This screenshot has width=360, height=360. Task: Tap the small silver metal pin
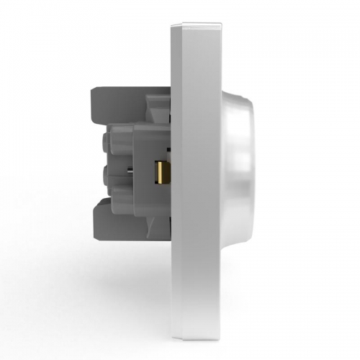(127, 171)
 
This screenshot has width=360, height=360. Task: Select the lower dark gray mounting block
(119, 220)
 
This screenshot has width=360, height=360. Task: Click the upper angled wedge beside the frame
(160, 115)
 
